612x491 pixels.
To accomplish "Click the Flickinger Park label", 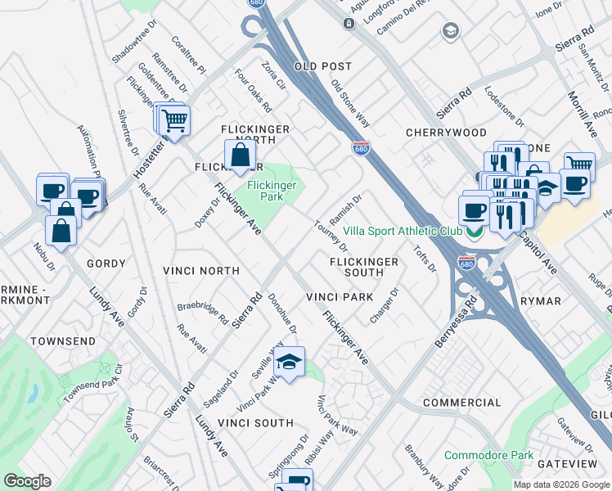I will (270, 191).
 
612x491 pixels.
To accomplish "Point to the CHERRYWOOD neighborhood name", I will (446, 133).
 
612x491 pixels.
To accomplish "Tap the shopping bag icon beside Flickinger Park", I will (239, 155).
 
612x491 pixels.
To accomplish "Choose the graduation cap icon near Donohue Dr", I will (288, 362).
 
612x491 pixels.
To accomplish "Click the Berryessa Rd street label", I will (455, 321).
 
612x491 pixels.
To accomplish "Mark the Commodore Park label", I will (488, 455).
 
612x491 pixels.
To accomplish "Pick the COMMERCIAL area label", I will (461, 403).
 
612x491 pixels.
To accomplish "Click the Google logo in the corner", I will (27, 481).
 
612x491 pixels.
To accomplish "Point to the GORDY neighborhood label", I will (106, 264).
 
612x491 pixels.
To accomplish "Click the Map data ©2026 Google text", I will (560, 484).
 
